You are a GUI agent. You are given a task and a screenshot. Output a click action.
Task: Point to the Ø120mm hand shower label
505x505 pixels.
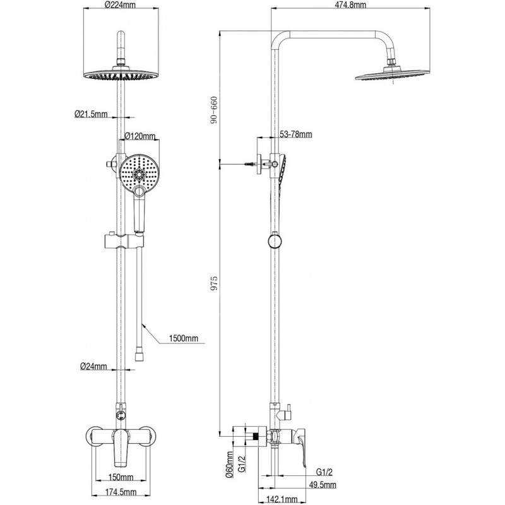pyautogui.click(x=140, y=135)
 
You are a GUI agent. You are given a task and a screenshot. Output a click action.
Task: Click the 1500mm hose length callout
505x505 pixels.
pyautogui.click(x=183, y=338)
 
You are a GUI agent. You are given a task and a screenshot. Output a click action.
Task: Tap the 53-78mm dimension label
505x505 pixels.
pyautogui.click(x=296, y=134)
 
